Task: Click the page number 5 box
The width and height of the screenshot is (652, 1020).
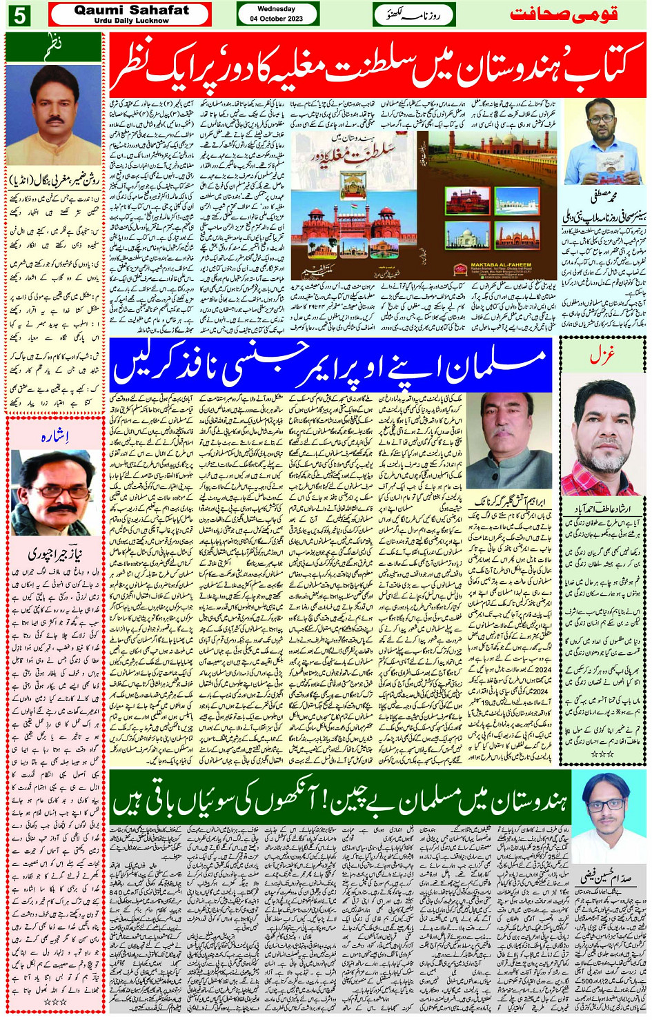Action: click(19, 14)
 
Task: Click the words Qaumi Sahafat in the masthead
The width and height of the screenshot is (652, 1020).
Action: click(131, 10)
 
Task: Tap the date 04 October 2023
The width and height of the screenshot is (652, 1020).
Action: click(277, 19)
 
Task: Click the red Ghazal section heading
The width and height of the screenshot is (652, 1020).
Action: click(601, 355)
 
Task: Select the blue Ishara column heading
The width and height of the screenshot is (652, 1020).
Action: click(55, 436)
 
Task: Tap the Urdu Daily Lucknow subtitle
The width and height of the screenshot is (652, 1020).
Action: click(131, 21)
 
